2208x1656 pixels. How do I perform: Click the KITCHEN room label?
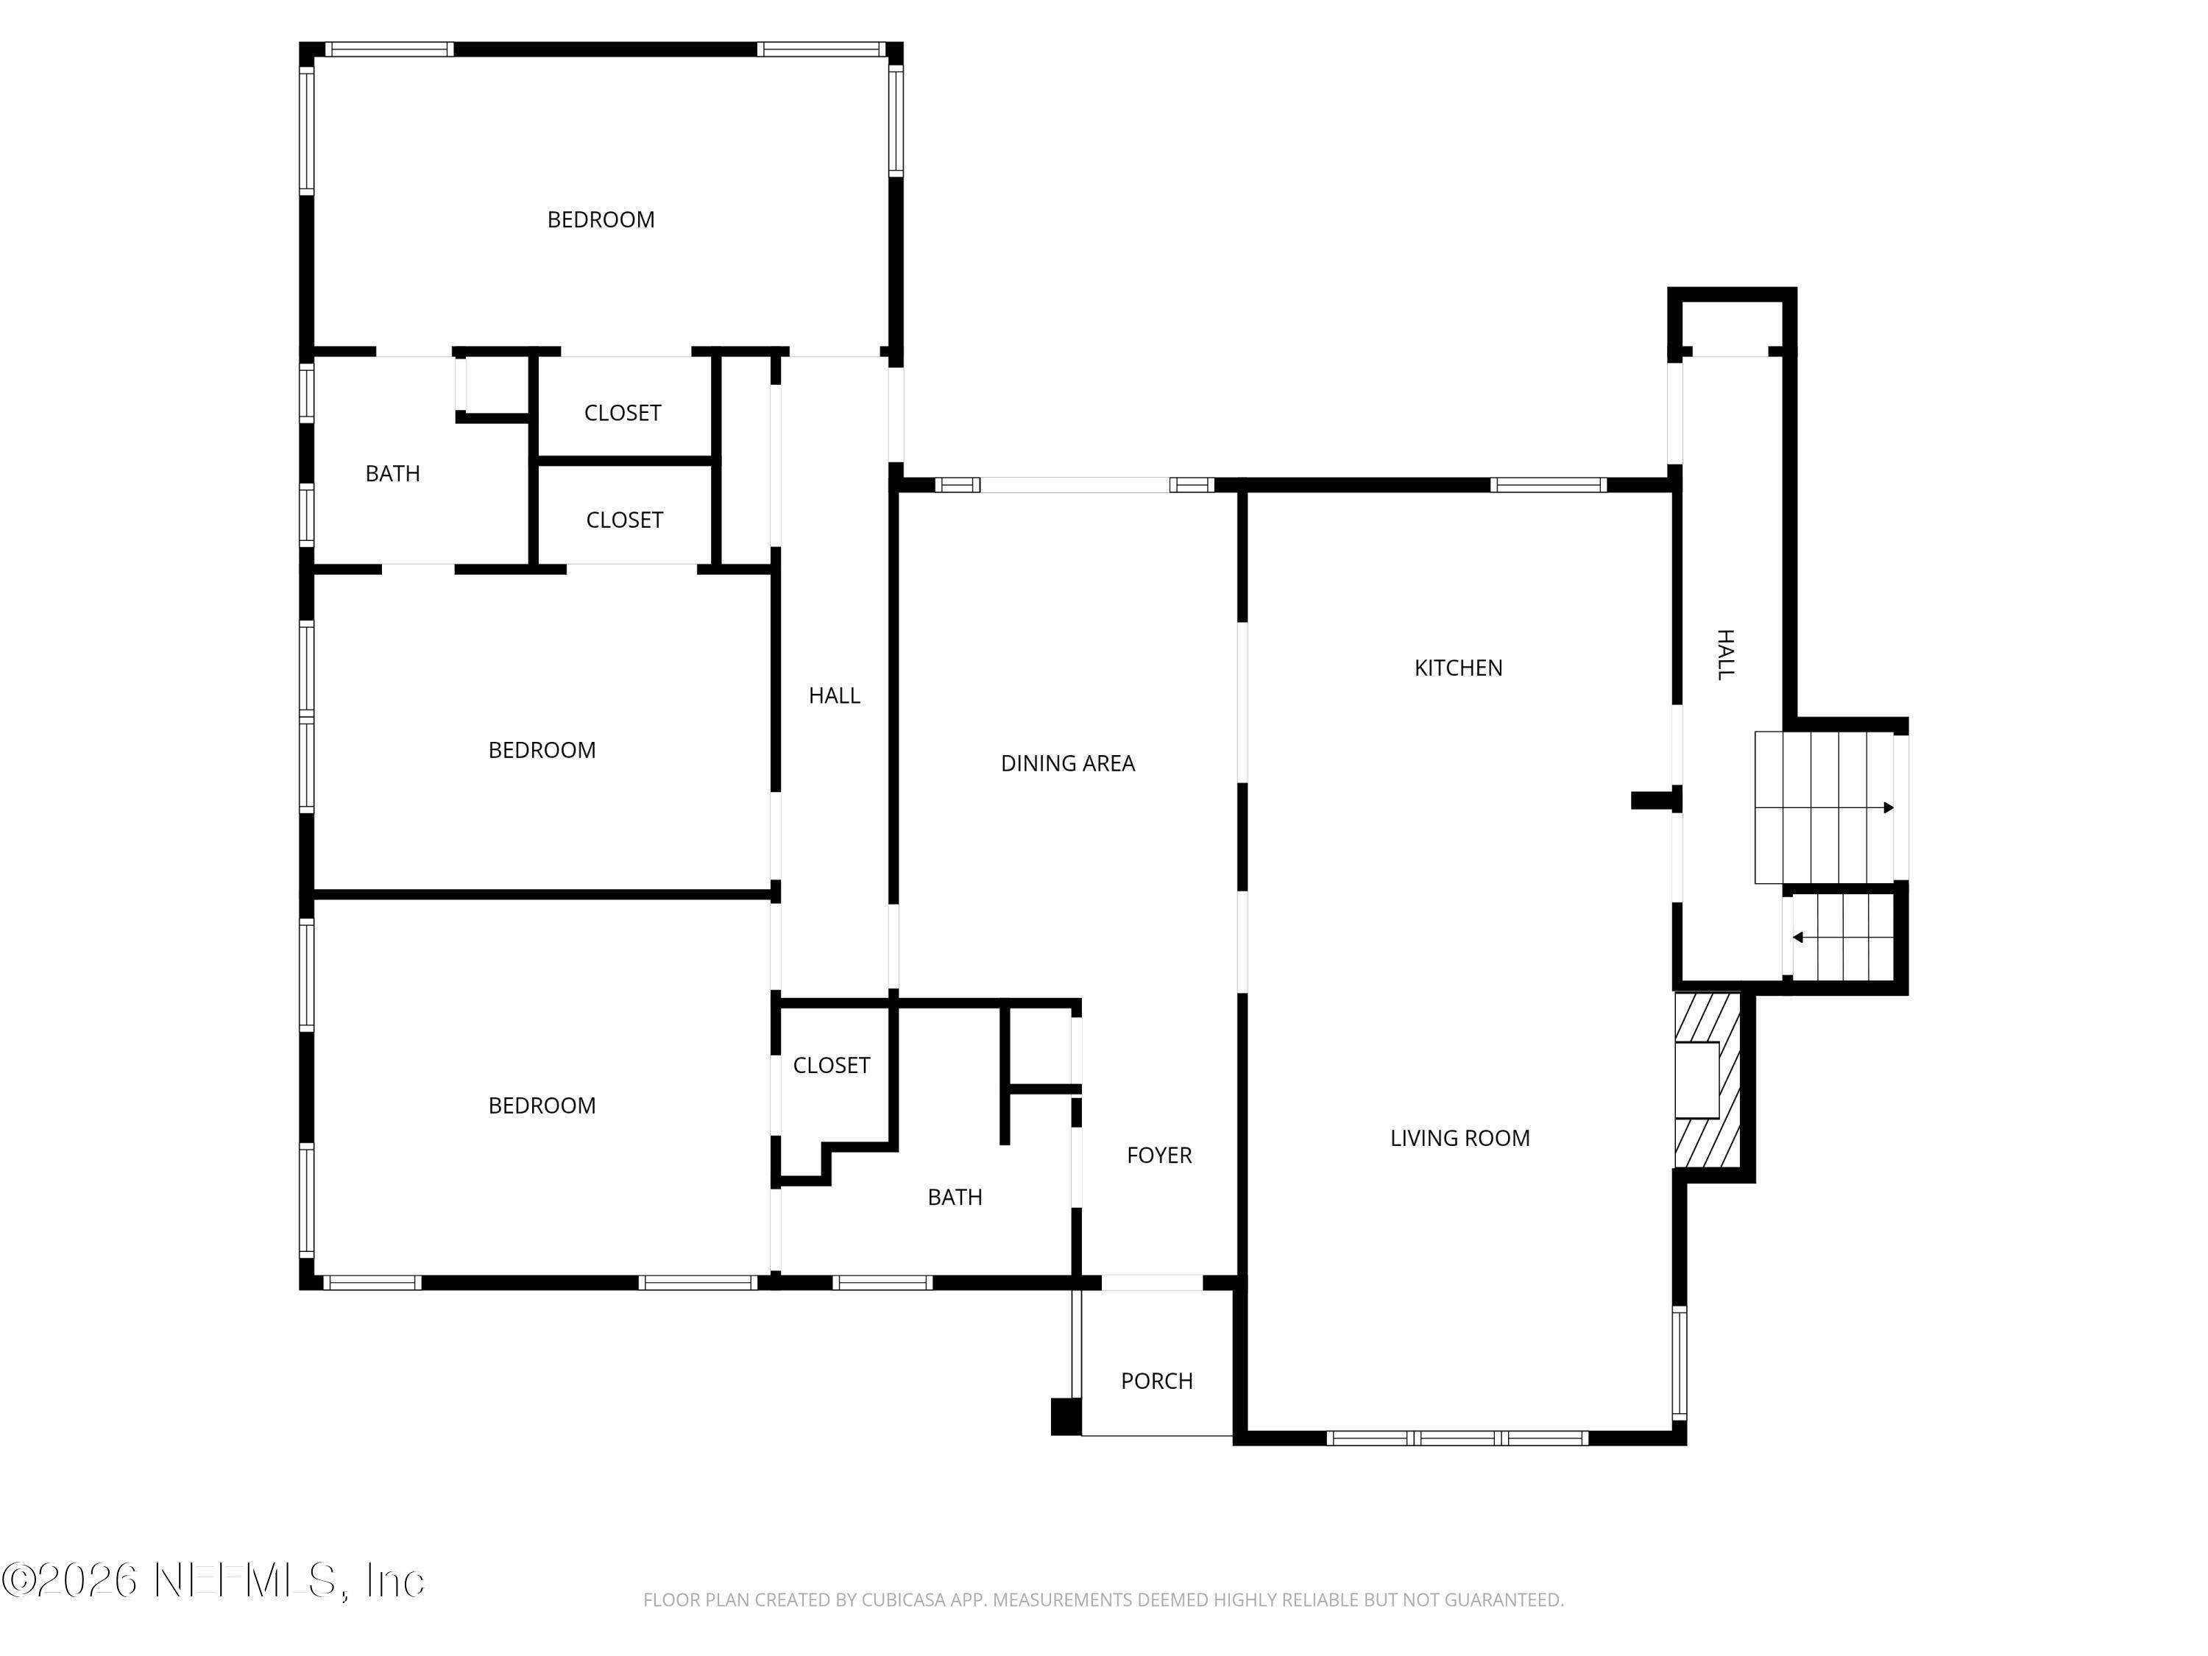point(1457,668)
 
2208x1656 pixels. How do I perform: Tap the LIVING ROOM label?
point(1459,1138)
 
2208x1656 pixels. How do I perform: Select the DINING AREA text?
point(1067,764)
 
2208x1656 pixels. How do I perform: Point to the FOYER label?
point(1159,1155)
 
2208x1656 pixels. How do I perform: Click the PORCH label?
point(1156,1381)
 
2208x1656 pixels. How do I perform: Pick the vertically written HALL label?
point(1725,655)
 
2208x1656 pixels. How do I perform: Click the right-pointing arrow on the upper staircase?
point(1886,807)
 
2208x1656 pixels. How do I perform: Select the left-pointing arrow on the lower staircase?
point(1798,938)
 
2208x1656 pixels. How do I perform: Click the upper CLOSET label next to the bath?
point(622,413)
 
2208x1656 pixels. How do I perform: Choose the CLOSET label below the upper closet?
point(624,520)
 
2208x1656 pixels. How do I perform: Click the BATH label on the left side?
point(392,474)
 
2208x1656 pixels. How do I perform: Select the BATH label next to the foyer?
point(955,1197)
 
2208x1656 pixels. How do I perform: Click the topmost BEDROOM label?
point(600,219)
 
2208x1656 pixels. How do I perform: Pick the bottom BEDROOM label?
point(541,1105)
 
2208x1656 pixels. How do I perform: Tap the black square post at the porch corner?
point(1065,1417)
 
